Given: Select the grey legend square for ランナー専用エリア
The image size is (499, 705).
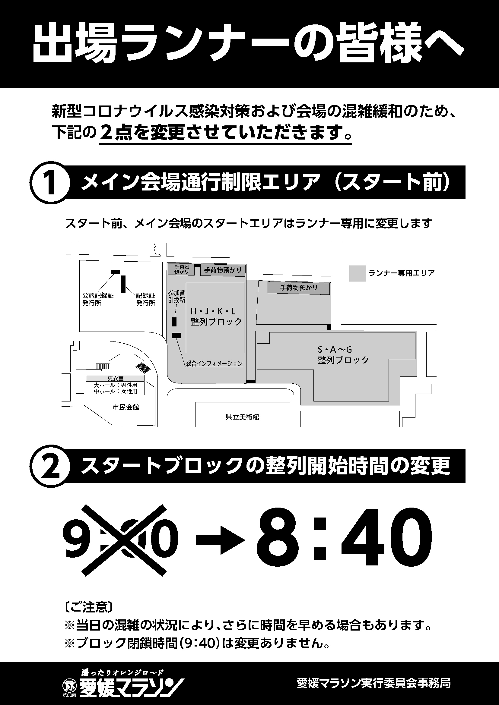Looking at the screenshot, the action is [x=357, y=273].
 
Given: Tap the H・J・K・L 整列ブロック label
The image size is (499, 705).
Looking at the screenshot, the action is [x=216, y=317].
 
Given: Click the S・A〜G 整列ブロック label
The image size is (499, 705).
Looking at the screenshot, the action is [x=343, y=355].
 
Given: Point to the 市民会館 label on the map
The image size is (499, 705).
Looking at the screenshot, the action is [x=126, y=408].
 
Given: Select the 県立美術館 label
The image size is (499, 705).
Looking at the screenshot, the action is [x=243, y=417].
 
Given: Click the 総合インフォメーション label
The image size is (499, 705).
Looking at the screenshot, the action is [x=215, y=364].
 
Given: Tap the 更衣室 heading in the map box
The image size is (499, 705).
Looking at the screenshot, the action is [x=115, y=378].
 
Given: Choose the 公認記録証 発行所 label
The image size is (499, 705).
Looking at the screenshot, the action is [x=98, y=299].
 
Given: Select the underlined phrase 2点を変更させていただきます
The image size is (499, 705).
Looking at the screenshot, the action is [x=226, y=132].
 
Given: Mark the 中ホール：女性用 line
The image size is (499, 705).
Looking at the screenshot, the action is [x=116, y=391].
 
